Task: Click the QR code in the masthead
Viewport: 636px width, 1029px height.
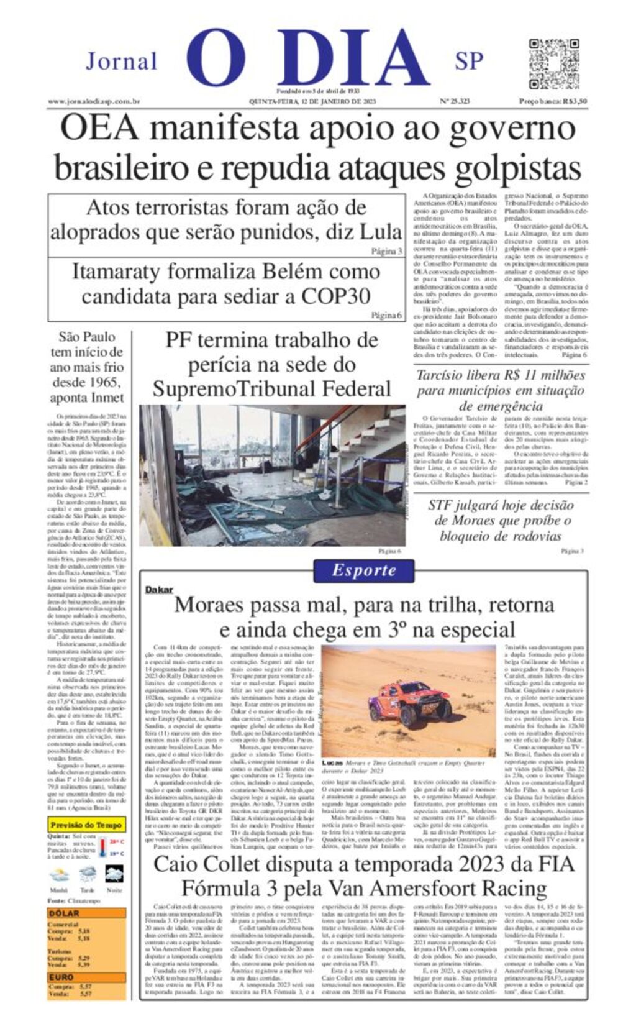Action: [x=553, y=65]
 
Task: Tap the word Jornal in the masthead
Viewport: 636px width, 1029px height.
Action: [x=121, y=62]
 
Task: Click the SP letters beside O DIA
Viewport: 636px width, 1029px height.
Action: [x=469, y=61]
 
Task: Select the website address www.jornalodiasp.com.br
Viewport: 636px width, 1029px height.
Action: [x=94, y=101]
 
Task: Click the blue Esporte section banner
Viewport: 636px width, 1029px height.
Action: [x=363, y=570]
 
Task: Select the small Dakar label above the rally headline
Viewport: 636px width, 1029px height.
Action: [x=159, y=589]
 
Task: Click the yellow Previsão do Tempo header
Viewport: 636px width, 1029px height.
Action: [x=86, y=825]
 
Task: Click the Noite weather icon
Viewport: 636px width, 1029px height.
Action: [x=114, y=875]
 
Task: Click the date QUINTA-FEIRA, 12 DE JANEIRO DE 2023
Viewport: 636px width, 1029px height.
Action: [x=312, y=101]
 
